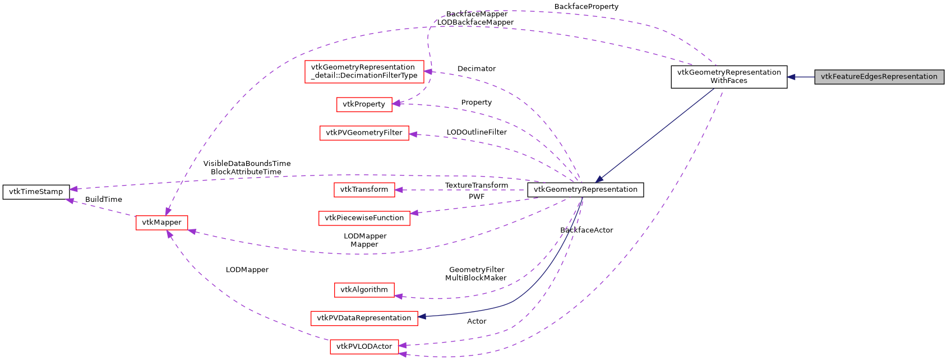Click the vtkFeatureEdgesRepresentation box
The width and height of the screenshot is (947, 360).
click(879, 77)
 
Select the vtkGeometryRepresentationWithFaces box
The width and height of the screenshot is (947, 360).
click(728, 77)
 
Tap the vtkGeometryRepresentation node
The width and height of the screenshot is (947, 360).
click(585, 190)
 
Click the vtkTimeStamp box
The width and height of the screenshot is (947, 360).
click(36, 192)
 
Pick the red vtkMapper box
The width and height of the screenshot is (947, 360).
click(161, 223)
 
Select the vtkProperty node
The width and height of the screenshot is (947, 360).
click(364, 104)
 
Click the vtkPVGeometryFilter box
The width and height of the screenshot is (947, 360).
click(364, 133)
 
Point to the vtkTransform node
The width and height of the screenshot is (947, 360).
click(364, 190)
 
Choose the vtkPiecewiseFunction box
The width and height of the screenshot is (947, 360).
click(364, 218)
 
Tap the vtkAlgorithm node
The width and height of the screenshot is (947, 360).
click(364, 290)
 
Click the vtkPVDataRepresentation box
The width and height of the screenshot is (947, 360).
click(364, 318)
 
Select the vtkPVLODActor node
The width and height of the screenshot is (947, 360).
click(364, 347)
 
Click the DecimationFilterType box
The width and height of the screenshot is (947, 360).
click(364, 72)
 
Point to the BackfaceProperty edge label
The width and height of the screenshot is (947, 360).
click(586, 7)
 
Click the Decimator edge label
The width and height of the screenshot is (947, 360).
click(476, 69)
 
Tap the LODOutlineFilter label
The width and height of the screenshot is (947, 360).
click(476, 132)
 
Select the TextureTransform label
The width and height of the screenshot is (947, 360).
click(476, 186)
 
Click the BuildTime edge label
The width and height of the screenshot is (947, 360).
click(103, 200)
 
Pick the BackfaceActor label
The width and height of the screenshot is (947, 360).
click(586, 230)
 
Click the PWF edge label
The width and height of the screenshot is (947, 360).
click(476, 197)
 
